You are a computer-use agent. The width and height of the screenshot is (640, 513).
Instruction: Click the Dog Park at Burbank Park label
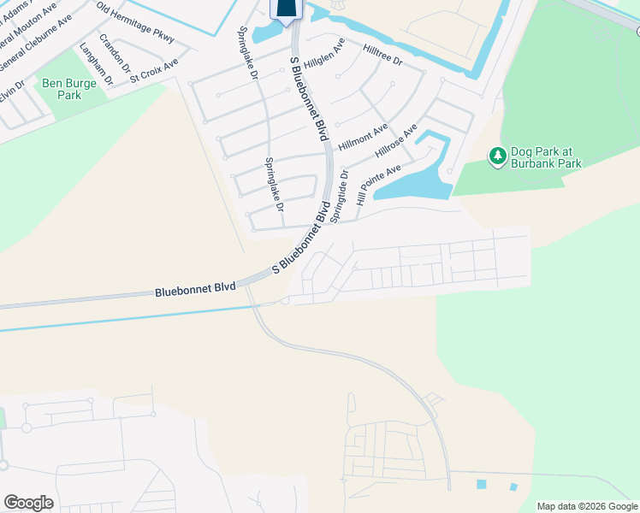pos(546,157)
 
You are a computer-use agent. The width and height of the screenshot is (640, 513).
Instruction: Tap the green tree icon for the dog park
pos(497,156)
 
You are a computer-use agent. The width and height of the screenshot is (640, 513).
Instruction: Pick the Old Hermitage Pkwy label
pos(135,23)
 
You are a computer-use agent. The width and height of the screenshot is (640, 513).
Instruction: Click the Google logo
pos(28,503)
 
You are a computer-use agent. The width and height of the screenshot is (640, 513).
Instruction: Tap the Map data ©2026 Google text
pos(587,506)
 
